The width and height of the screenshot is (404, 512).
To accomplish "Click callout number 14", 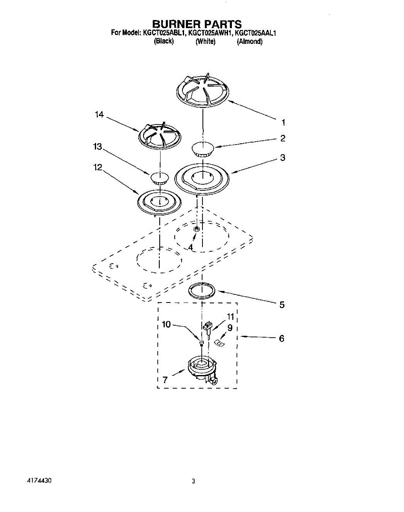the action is point(100,115).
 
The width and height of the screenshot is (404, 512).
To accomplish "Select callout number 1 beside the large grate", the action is point(283,122).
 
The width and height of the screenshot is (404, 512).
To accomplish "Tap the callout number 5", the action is point(282,305).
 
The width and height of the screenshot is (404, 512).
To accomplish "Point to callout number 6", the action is point(281,338).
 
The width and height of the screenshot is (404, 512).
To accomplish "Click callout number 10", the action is point(166,325).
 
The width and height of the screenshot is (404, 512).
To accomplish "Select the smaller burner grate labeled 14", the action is point(159,135).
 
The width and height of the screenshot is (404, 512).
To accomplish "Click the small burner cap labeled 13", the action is point(159,177).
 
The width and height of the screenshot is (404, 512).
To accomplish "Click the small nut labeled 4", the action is point(196,230).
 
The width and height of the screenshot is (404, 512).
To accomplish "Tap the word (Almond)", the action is point(249,41).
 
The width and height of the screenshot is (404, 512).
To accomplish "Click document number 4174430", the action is point(39,480).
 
